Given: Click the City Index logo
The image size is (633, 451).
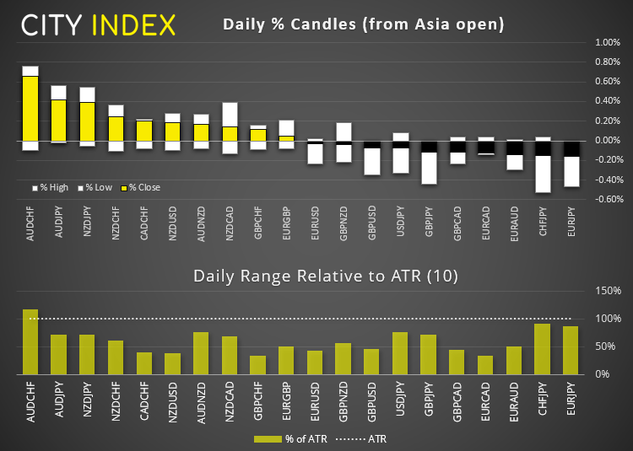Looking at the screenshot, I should [99, 24].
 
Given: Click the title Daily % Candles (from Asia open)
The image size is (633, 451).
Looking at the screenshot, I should [363, 24].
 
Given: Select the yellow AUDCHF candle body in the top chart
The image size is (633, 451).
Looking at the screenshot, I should [30, 109].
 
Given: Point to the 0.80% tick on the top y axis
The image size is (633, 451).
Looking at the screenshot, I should [607, 62].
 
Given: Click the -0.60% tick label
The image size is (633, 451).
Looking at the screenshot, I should [607, 200].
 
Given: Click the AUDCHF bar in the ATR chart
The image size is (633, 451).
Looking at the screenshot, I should [30, 341].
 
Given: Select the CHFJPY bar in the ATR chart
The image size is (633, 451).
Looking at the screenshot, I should [543, 349].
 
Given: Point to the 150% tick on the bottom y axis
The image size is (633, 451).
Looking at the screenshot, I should [609, 291].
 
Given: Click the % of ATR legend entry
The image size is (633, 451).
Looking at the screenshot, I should [289, 438].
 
